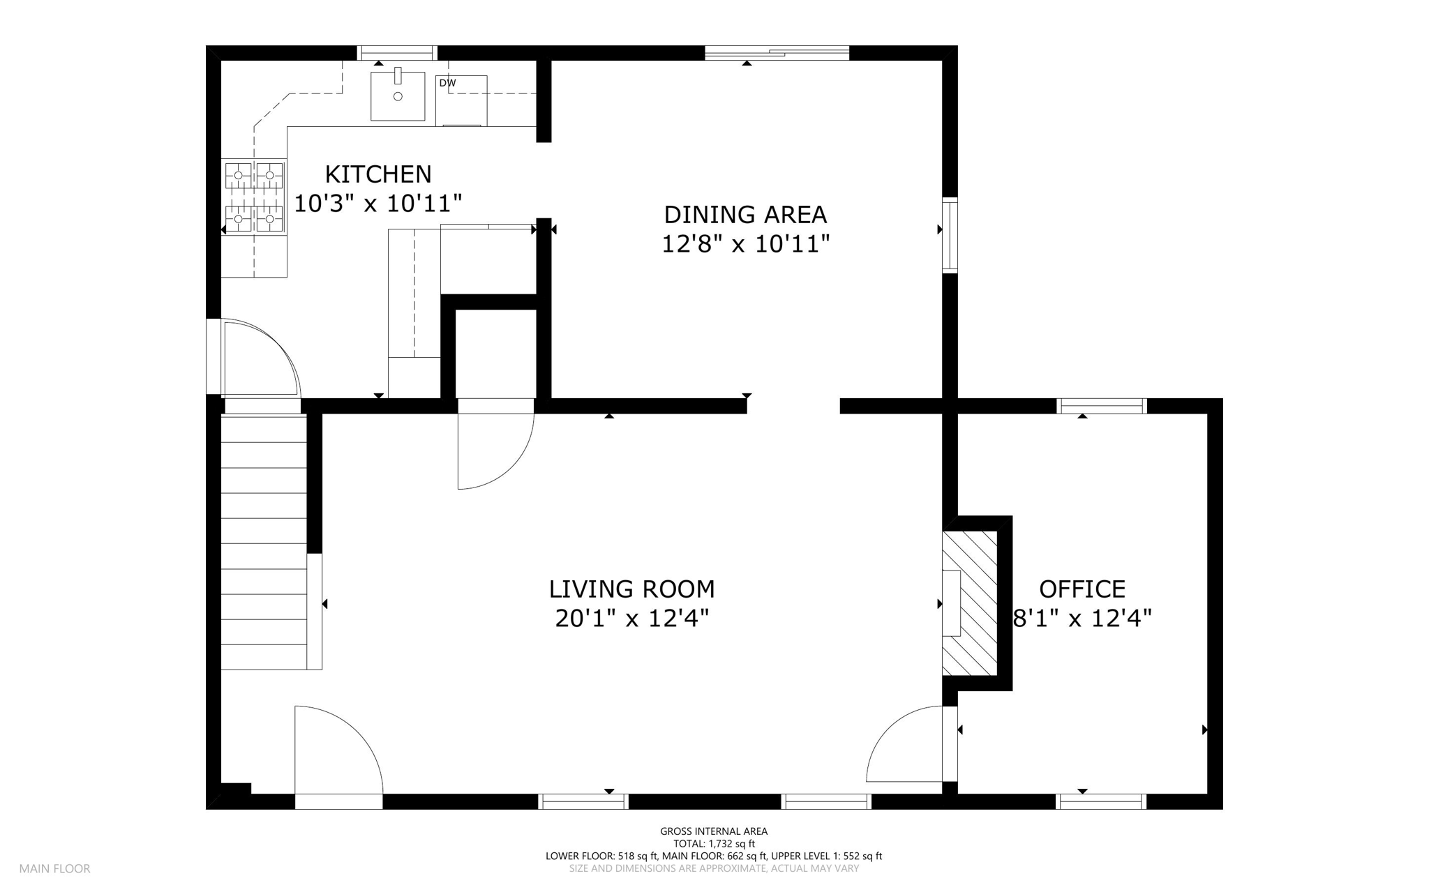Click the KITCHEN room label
(x=378, y=174)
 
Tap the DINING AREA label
(x=745, y=213)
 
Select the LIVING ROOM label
(x=632, y=589)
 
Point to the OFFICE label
(x=1082, y=589)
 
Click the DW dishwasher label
(x=447, y=83)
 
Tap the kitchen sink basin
(x=398, y=96)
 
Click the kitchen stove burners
(x=254, y=197)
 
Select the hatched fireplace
(x=970, y=603)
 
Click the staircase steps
(x=264, y=543)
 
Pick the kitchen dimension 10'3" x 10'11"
(x=378, y=204)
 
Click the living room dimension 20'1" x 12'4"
(x=632, y=619)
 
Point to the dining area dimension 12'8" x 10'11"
(x=745, y=244)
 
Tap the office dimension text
(x=1082, y=619)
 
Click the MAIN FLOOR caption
(x=54, y=869)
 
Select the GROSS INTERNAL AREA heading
(x=714, y=831)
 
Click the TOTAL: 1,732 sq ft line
(x=714, y=844)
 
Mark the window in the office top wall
(x=1102, y=406)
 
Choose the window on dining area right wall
(x=950, y=235)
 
